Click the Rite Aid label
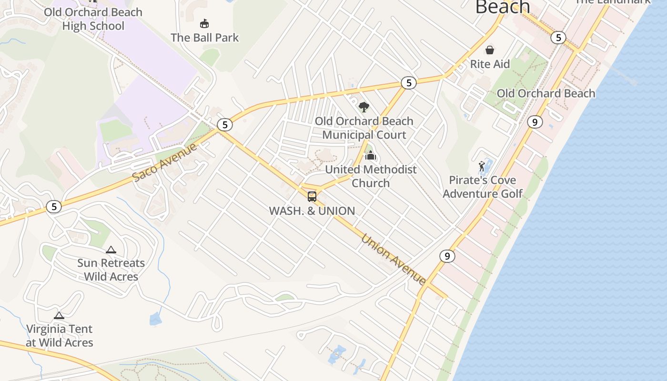[x=490, y=64]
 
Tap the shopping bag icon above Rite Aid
[x=490, y=50]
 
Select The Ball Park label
[x=204, y=38]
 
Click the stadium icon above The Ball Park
[x=204, y=23]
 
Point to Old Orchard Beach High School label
[x=93, y=19]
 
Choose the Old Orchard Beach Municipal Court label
[x=364, y=128]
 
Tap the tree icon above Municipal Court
[x=364, y=107]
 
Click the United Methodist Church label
[x=371, y=176]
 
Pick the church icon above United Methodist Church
[x=371, y=155]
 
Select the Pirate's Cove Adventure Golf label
[x=483, y=187]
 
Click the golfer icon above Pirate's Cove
[x=482, y=166]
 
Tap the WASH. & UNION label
[x=312, y=211]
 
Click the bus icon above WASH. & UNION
[x=312, y=196]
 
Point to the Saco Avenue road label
[x=164, y=162]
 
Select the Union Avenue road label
[x=394, y=260]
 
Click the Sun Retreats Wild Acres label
[x=111, y=270]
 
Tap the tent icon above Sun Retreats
[x=111, y=250]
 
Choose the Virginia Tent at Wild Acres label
[x=59, y=336]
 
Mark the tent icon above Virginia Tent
[x=59, y=315]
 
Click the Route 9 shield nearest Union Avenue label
[x=447, y=256]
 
